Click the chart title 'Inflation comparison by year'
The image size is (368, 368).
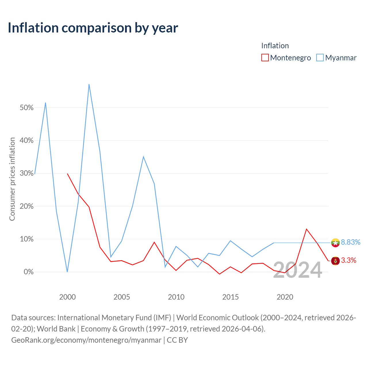(93, 28)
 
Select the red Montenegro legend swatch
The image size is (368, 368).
(265, 57)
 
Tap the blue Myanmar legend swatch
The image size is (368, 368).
(320, 57)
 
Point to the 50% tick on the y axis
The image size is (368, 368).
(26, 108)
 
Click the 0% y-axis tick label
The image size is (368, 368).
(29, 272)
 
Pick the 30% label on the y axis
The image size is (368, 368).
(26, 173)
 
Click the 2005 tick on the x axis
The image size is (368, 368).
(122, 297)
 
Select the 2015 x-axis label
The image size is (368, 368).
(230, 297)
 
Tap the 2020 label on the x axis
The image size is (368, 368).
(285, 297)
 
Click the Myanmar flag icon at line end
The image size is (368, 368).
(335, 243)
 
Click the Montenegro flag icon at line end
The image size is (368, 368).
(335, 261)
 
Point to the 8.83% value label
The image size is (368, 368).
(350, 242)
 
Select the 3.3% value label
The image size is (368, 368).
(348, 260)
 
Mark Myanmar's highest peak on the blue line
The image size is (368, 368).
(89, 84)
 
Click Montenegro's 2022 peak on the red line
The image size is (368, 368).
(306, 229)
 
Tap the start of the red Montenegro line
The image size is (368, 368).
(67, 174)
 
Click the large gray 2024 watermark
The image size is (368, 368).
(298, 270)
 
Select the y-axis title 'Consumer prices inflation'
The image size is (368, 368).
(12, 179)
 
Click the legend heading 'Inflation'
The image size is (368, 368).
(275, 46)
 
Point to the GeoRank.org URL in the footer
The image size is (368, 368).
(86, 340)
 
